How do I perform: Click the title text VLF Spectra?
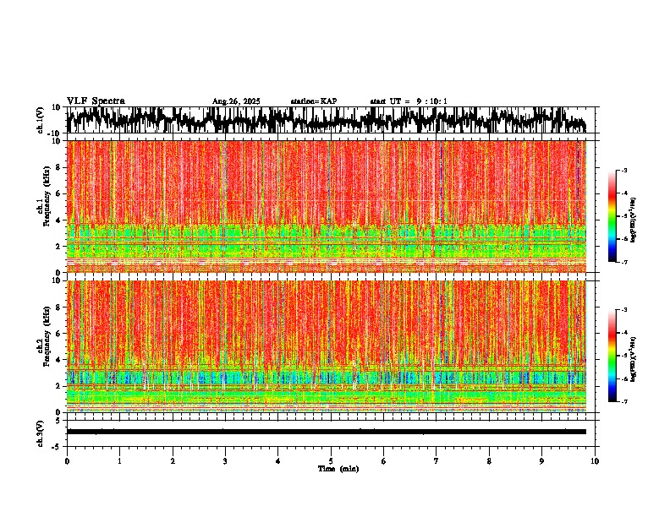[96, 101]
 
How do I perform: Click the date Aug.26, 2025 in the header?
[236, 101]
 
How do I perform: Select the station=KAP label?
[314, 101]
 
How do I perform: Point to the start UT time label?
[409, 101]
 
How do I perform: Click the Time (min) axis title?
[338, 468]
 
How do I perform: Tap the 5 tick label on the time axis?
[331, 460]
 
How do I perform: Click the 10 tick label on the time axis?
[595, 460]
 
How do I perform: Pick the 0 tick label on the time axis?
[67, 460]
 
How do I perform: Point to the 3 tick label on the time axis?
[225, 460]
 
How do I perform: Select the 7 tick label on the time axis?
[437, 460]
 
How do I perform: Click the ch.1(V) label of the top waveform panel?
[41, 120]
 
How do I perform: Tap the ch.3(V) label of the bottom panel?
[41, 432]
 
